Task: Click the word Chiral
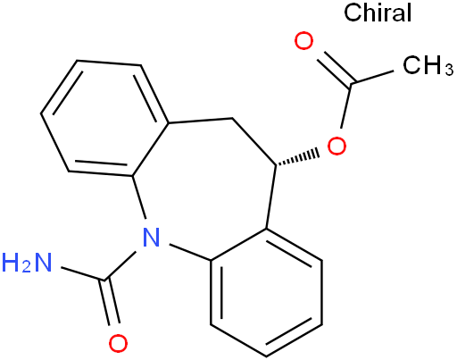[x=378, y=13]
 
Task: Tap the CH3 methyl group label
[x=428, y=65]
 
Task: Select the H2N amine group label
[x=27, y=263]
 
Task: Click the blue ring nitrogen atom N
[x=151, y=237]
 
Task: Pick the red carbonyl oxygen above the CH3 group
[x=303, y=41]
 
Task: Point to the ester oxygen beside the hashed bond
[x=337, y=146]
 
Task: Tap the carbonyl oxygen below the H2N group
[x=118, y=343]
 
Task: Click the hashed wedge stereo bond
[x=297, y=158]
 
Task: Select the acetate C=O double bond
[x=335, y=70]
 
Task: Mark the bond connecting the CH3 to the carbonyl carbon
[x=372, y=77]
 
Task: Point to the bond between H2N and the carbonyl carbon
[x=83, y=273]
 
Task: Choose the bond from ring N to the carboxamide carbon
[x=120, y=266]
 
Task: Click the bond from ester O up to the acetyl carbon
[x=346, y=105]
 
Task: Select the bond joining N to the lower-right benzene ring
[x=190, y=253]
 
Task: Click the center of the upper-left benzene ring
[x=104, y=118]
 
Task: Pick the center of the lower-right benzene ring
[x=266, y=293]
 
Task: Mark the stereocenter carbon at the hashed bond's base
[x=276, y=164]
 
